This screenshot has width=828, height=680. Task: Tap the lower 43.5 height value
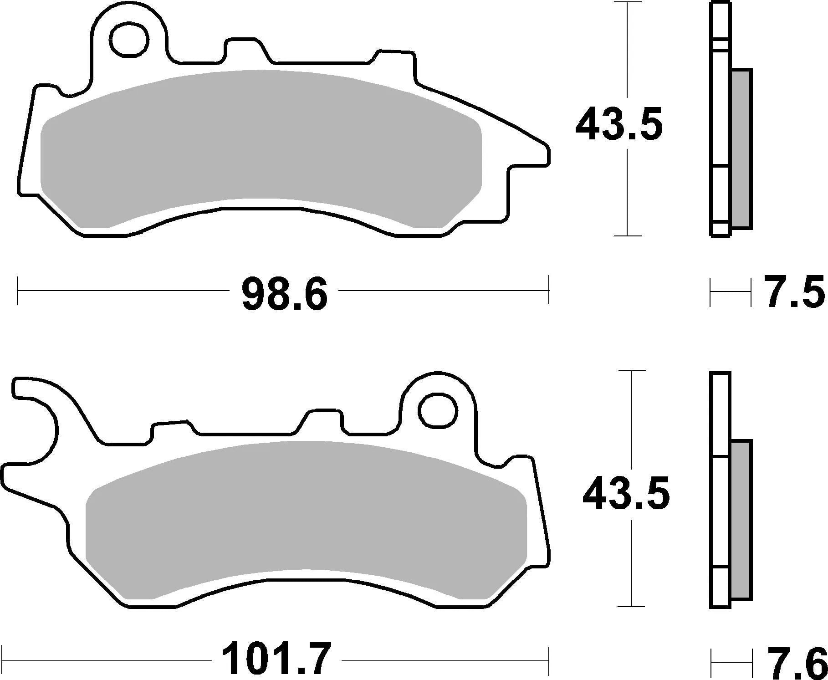tap(626, 493)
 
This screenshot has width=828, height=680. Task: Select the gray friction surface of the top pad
tap(260, 146)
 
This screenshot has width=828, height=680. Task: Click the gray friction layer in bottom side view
tap(741, 519)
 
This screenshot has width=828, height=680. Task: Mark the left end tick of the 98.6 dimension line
tap(17, 290)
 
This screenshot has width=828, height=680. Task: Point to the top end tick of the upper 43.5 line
tap(628, 3)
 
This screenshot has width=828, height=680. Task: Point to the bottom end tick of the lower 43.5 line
tap(631, 606)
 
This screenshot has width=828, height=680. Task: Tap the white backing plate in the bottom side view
tap(720, 501)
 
